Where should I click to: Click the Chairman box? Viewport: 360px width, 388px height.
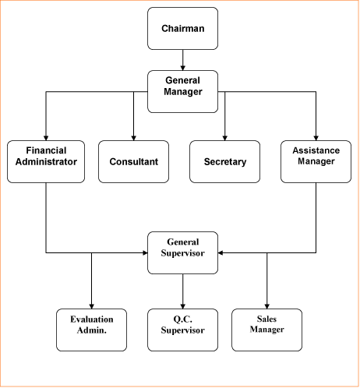click(x=182, y=28)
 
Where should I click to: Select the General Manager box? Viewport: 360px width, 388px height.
click(x=182, y=91)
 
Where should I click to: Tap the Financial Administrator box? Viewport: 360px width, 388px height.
click(x=46, y=161)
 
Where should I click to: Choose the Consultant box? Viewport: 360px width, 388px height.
click(x=133, y=161)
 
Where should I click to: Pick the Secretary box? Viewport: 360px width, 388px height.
click(x=224, y=161)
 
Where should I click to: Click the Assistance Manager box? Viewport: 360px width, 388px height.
click(x=316, y=161)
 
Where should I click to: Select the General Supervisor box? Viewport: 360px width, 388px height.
click(x=182, y=252)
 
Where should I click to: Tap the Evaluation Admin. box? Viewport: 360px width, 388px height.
click(x=91, y=330)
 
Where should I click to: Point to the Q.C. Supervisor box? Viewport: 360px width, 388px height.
click(x=182, y=330)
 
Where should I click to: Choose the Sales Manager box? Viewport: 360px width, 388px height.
click(x=266, y=330)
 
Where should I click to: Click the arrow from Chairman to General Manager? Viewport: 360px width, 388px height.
click(x=182, y=60)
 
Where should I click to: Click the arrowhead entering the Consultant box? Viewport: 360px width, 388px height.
click(x=133, y=138)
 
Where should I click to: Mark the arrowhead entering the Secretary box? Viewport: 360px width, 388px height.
click(x=224, y=138)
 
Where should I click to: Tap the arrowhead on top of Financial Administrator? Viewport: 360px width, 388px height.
click(x=46, y=138)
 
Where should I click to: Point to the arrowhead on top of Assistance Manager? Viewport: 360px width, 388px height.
click(x=316, y=138)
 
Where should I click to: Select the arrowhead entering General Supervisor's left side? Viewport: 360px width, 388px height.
click(x=145, y=252)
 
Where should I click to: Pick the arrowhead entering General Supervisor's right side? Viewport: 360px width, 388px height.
click(x=221, y=252)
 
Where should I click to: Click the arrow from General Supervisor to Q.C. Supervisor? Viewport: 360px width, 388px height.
click(x=182, y=291)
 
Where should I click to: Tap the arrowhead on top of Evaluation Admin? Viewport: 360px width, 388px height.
click(x=91, y=306)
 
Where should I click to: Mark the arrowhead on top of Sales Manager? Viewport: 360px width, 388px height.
click(x=266, y=306)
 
